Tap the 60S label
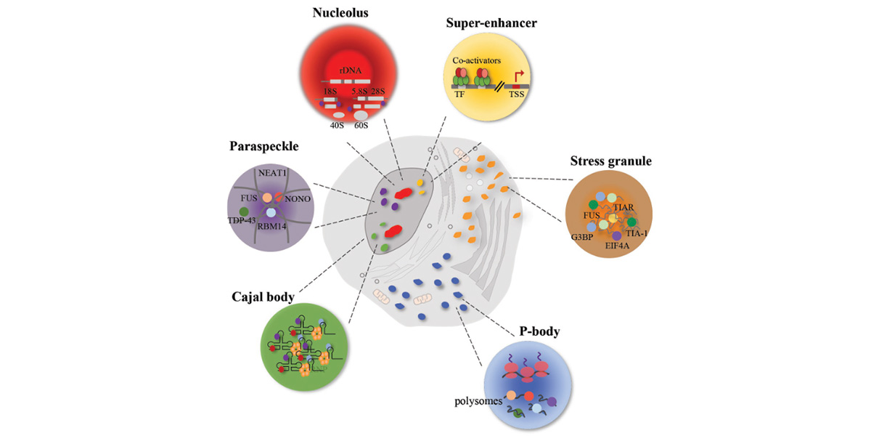click(361, 125)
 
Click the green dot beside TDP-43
click(234, 211)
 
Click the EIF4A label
click(618, 246)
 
